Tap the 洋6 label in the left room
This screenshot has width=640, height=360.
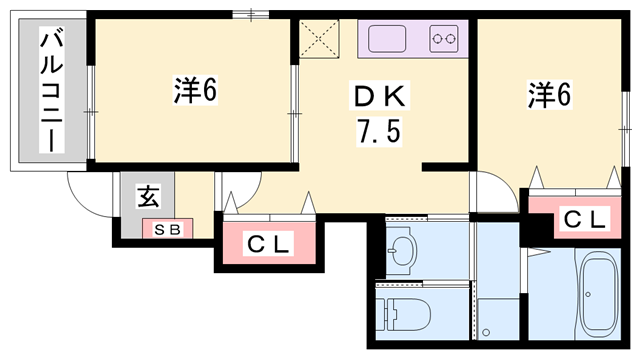tap(195, 91)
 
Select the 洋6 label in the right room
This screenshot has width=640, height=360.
tap(549, 96)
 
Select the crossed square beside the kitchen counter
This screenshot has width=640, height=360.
tap(323, 40)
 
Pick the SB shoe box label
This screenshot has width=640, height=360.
tap(167, 229)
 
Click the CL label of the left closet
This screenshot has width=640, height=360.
tap(268, 243)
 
